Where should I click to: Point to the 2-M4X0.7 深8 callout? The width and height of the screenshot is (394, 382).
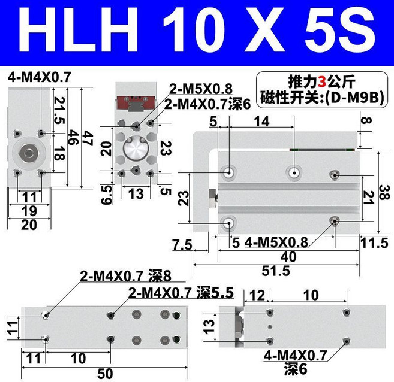pyautogui.click(x=127, y=277)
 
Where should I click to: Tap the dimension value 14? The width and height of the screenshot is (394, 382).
pyautogui.click(x=261, y=122)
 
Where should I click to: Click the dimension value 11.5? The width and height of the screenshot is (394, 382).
pyautogui.click(x=374, y=242)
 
